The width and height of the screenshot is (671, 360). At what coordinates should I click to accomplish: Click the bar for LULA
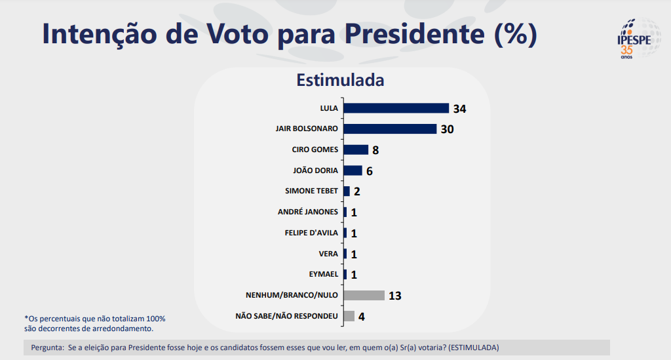[396, 108]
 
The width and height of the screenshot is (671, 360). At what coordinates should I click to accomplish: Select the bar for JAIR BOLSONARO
[390, 129]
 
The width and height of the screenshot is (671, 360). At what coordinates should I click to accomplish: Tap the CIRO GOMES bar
[356, 150]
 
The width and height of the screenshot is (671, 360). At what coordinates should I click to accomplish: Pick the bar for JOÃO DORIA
[353, 170]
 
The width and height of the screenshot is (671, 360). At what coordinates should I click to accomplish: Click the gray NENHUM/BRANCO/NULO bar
[364, 295]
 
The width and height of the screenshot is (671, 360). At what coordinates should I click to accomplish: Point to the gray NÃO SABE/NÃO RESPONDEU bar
[349, 316]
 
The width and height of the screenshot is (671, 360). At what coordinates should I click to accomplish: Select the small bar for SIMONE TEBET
[347, 191]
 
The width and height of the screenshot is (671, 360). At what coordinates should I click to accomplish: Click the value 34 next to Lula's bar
[459, 109]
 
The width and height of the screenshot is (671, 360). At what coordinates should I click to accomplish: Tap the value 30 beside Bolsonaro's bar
[447, 129]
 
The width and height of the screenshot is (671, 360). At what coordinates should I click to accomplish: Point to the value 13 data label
[394, 296]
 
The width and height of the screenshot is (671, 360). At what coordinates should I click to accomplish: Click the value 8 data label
[375, 150]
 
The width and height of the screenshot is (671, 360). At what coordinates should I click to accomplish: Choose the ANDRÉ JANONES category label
[308, 212]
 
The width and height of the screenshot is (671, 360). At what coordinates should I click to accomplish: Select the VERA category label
[328, 253]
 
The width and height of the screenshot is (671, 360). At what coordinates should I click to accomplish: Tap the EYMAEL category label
[323, 274]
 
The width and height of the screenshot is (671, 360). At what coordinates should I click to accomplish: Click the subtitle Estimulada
[340, 81]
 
